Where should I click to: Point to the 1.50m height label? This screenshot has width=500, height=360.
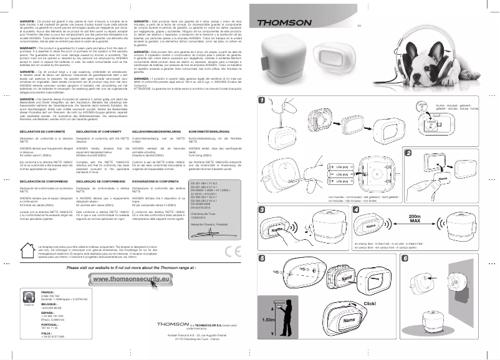click(x=269, y=319)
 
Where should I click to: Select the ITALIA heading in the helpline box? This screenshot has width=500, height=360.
click(x=46, y=333)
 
